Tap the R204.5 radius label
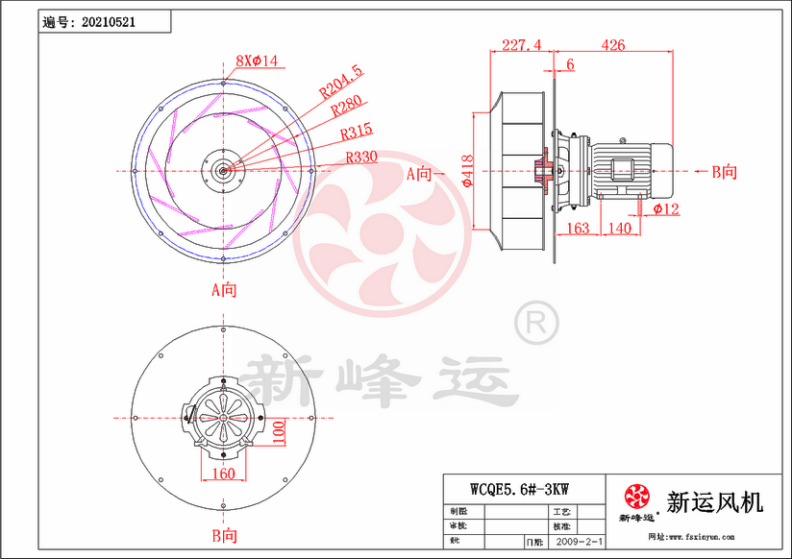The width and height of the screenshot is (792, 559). [342, 82]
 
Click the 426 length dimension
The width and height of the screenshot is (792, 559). [612, 44]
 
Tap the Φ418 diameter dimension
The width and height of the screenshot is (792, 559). [466, 170]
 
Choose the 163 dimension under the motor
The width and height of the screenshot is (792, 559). [578, 228]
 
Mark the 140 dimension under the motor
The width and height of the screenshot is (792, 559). [620, 228]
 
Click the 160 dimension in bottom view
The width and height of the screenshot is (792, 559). [222, 473]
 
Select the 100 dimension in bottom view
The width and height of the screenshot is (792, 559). [278, 433]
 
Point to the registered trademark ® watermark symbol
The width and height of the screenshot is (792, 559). [536, 324]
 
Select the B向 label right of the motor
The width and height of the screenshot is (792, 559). [725, 173]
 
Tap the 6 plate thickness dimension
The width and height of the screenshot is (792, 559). [571, 64]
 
